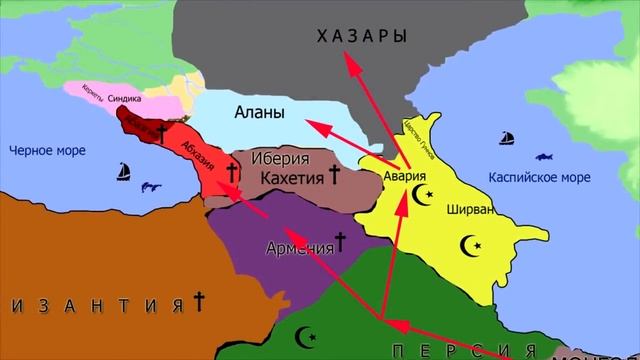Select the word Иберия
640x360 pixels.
280,158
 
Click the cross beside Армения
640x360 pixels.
340,241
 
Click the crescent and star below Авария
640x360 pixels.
427,193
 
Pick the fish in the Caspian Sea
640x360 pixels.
546,156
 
